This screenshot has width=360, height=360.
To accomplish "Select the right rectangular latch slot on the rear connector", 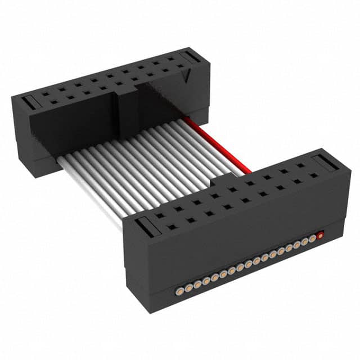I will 190,57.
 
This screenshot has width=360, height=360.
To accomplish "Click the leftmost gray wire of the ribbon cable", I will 90,191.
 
